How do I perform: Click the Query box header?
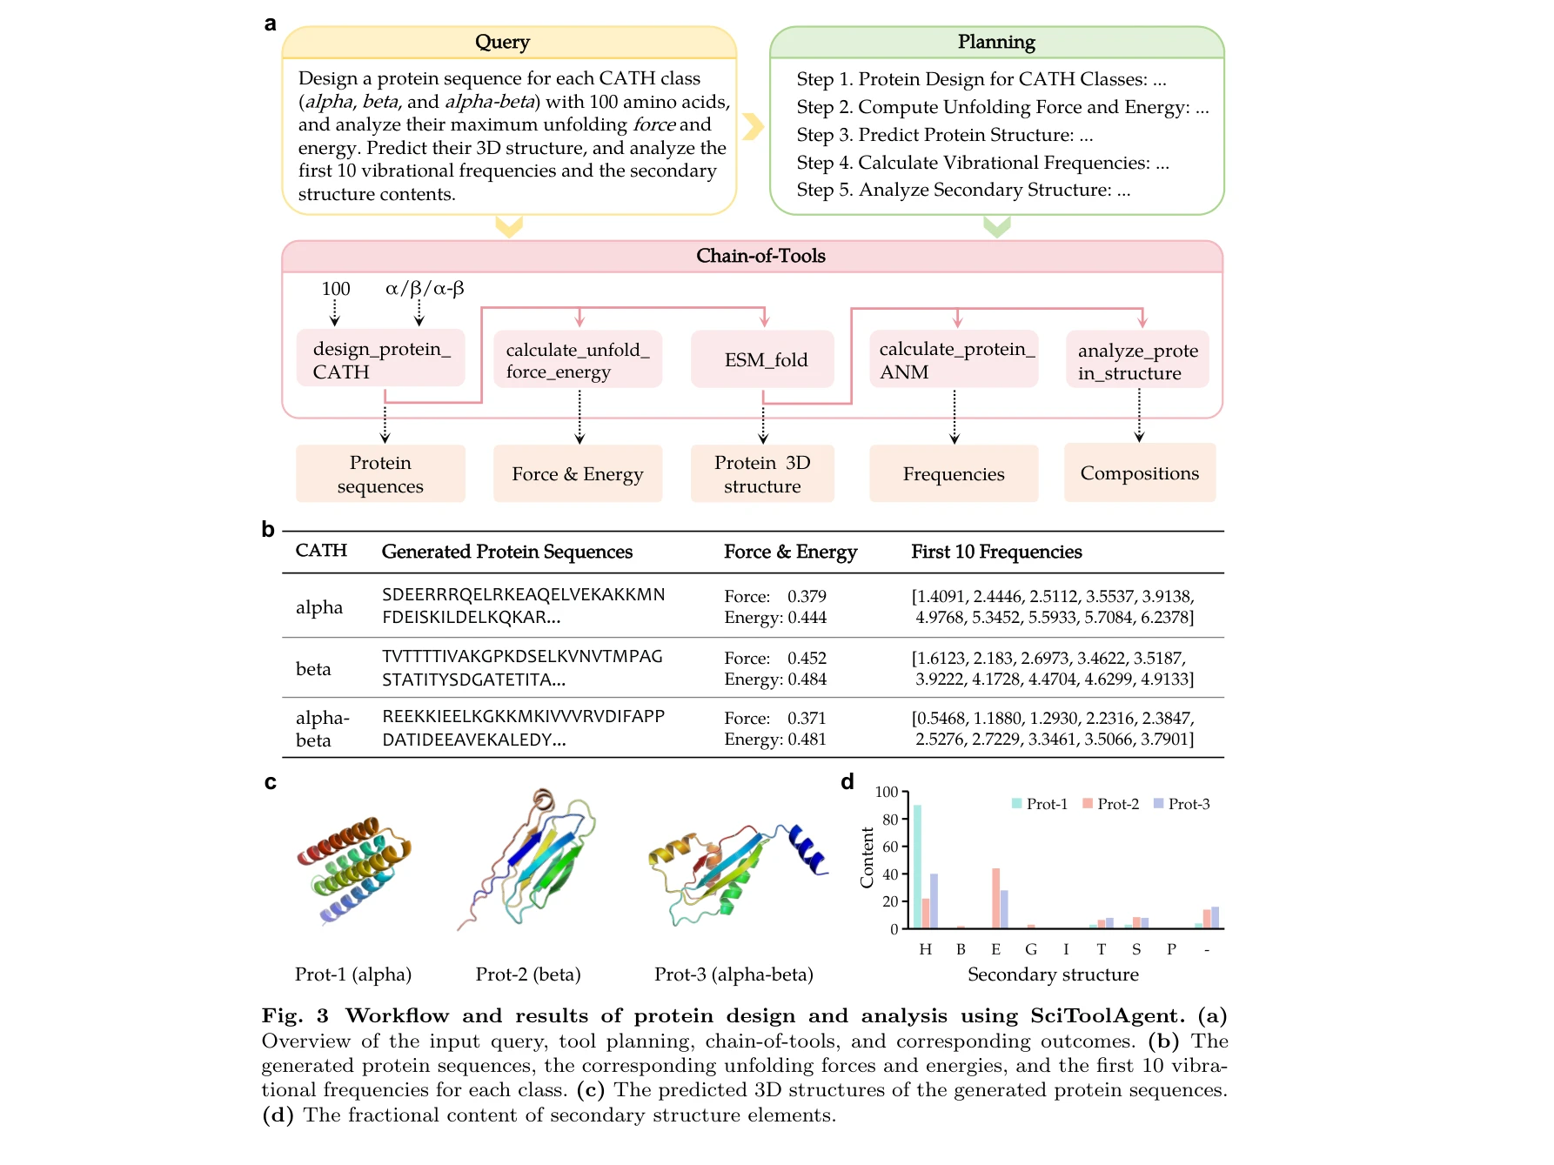point(502,42)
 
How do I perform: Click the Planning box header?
point(995,42)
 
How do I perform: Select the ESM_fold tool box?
point(763,359)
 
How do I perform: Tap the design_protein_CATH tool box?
point(380,359)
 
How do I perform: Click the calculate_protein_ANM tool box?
point(954,359)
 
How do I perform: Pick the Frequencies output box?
point(954,474)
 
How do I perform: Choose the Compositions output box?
point(1139,473)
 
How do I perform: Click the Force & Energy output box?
point(577,474)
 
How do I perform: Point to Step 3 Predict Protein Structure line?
point(944,135)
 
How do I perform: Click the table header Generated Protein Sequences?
point(506,552)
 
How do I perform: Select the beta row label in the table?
point(313,669)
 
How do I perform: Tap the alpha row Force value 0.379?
point(807,596)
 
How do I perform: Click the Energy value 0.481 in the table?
point(807,740)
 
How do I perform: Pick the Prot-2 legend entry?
point(1111,804)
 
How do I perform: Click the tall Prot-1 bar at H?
point(917,867)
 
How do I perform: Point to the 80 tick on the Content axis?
point(889,820)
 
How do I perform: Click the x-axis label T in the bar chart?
point(1101,949)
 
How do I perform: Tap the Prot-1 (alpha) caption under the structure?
point(353,974)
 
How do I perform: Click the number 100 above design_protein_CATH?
point(335,289)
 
